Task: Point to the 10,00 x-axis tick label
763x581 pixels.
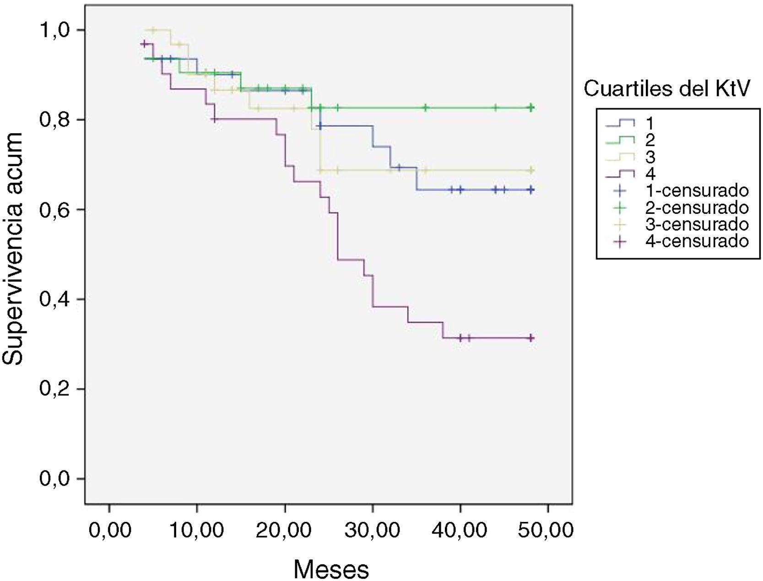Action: [197, 531]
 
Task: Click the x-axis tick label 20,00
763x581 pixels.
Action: [285, 531]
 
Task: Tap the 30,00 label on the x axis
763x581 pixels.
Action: [373, 531]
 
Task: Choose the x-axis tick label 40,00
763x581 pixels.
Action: [460, 531]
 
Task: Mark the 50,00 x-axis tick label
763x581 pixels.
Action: [548, 531]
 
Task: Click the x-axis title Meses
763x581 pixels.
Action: [331, 569]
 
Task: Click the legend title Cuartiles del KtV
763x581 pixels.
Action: [667, 89]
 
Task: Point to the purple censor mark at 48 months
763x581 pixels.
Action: [531, 338]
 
